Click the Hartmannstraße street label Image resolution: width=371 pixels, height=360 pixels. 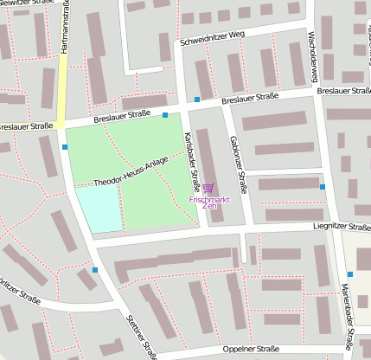(64, 29)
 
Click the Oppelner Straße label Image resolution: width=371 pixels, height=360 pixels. (250, 350)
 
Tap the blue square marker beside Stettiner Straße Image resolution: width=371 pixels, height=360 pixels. (95, 270)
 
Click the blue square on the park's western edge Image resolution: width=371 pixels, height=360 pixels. (66, 147)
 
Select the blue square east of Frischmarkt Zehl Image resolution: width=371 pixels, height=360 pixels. (323, 187)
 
